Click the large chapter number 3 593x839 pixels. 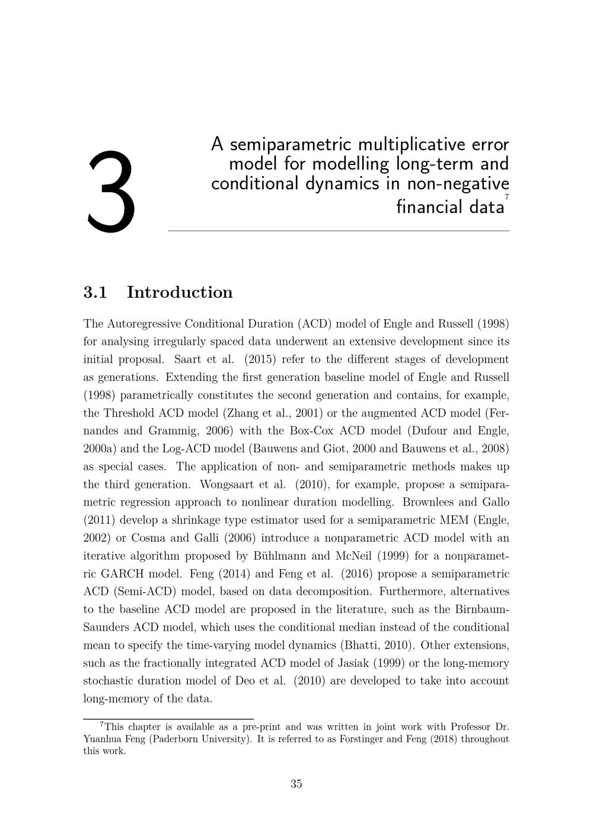111,191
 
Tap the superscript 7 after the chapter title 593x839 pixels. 506,197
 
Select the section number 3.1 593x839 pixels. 95,293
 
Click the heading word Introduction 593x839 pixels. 180,293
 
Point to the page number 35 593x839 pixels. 296,784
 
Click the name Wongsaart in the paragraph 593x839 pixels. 224,484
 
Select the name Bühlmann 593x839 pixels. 278,556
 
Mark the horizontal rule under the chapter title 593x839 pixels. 339,231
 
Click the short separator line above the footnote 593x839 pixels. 168,719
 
